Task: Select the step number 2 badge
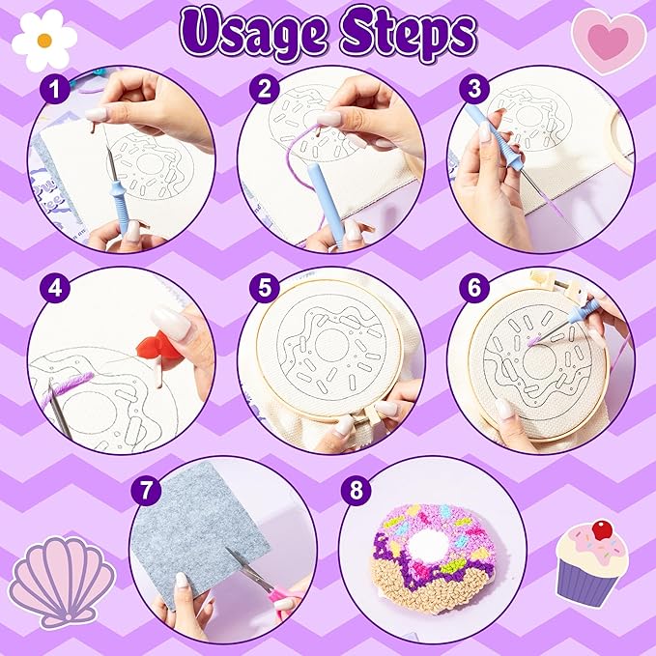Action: point(262,90)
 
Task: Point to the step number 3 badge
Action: point(472,90)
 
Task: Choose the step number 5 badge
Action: point(262,288)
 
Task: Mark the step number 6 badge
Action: point(472,288)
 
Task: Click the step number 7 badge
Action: point(148,488)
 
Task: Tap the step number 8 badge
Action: point(357,488)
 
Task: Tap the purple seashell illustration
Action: point(61,582)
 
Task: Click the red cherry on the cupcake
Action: point(604,528)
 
